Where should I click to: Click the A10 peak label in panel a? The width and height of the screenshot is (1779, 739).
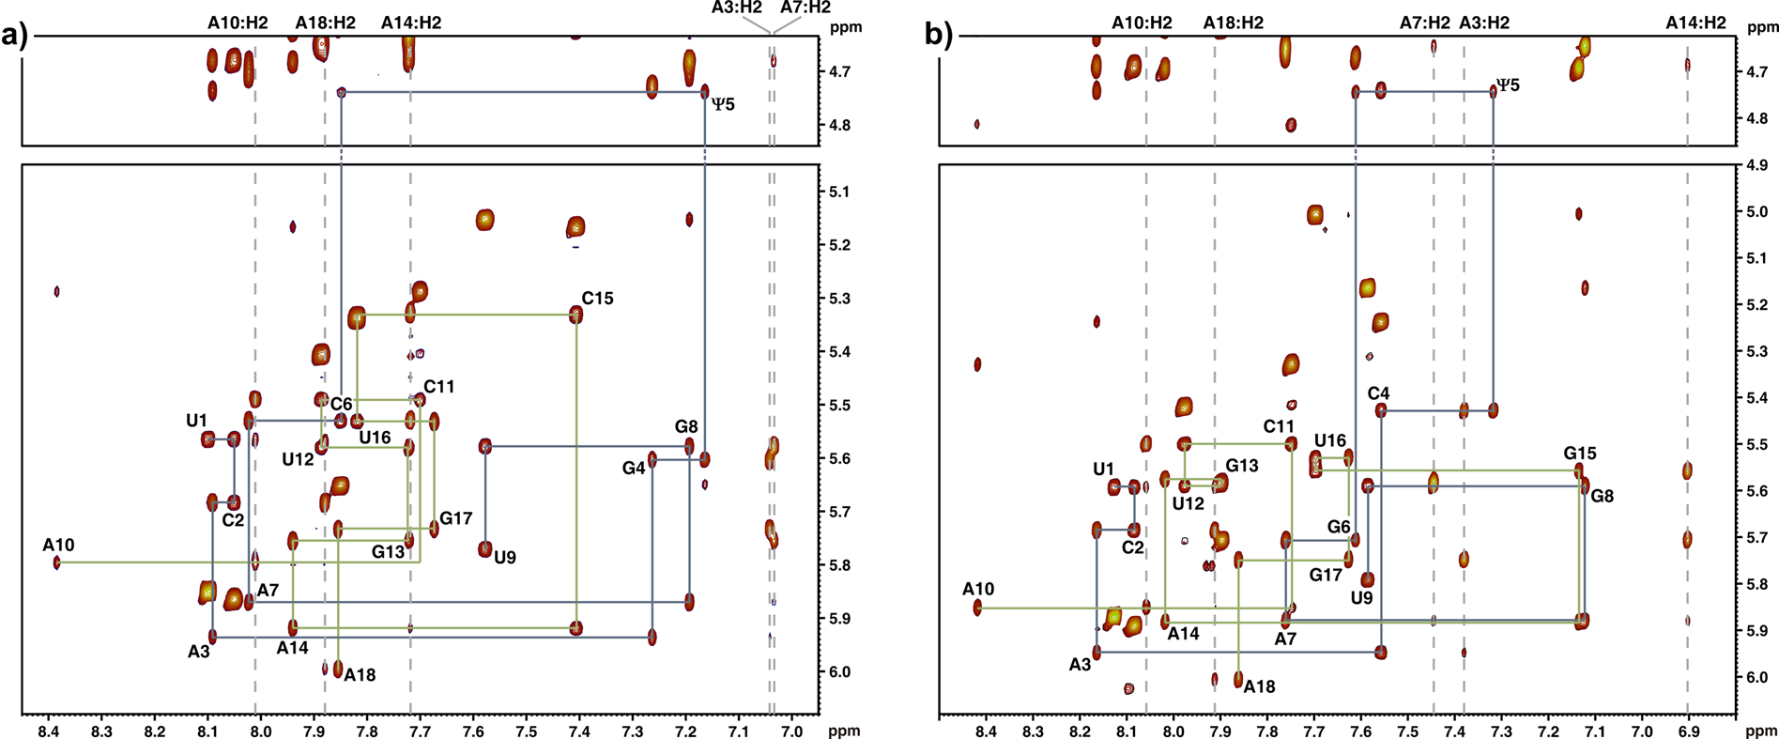click(58, 546)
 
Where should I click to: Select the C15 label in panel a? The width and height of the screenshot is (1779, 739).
click(597, 299)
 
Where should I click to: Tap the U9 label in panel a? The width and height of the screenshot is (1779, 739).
click(505, 558)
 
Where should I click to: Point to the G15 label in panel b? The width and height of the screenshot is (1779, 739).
click(1580, 454)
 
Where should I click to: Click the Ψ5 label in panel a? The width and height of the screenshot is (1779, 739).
click(723, 104)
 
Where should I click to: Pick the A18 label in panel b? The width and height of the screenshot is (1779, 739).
click(1259, 686)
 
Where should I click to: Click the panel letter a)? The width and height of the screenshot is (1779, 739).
click(15, 37)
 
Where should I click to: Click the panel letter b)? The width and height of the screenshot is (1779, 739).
click(939, 35)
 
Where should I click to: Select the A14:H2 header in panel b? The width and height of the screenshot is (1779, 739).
click(1695, 23)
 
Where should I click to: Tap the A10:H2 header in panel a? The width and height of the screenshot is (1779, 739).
click(238, 23)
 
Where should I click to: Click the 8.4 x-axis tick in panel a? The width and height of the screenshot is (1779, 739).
click(49, 731)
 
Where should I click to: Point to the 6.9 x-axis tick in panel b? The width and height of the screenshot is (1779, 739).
click(1688, 731)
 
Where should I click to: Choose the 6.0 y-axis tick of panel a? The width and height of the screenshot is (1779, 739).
click(839, 672)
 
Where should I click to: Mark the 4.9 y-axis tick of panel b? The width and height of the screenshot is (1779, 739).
click(1757, 165)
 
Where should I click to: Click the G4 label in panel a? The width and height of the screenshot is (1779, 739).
click(634, 468)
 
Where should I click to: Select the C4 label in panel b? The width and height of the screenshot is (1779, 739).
click(1378, 393)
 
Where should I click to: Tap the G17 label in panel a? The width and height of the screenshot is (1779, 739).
click(456, 518)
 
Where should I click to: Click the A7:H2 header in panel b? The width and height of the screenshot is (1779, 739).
click(1424, 23)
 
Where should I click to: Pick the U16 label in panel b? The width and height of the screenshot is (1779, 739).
click(1329, 440)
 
